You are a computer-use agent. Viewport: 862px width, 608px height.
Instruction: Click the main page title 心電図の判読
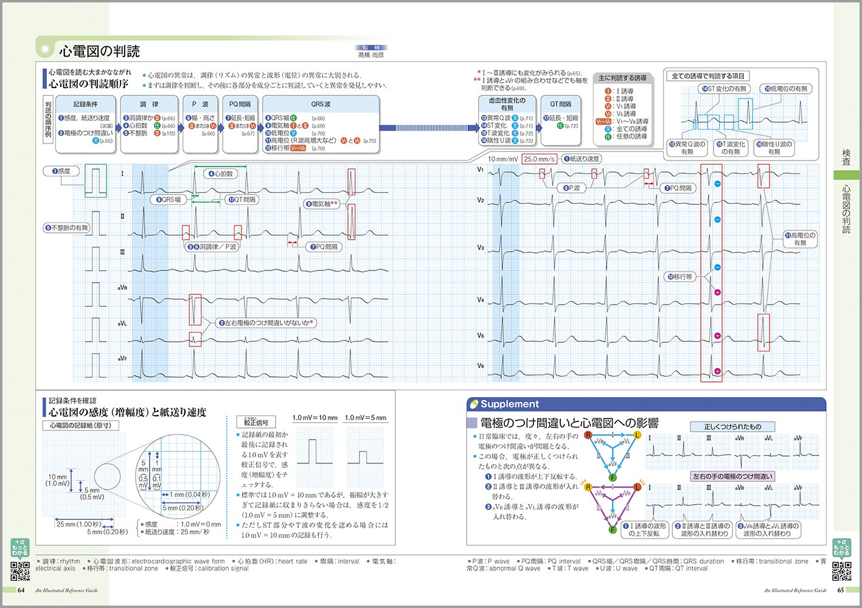[99, 51]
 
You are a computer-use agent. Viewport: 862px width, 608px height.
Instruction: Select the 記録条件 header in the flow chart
[86, 104]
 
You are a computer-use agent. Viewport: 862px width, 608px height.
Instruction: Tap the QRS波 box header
[321, 104]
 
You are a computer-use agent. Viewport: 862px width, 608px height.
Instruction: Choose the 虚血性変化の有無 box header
[507, 104]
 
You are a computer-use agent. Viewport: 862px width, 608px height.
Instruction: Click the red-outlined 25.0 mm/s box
[539, 159]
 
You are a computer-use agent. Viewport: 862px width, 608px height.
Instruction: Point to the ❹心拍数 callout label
[221, 174]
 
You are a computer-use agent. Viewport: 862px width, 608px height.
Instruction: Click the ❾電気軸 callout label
[322, 204]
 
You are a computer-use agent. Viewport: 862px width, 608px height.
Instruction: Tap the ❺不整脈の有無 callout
[67, 228]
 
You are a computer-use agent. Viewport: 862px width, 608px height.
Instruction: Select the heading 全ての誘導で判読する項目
[707, 76]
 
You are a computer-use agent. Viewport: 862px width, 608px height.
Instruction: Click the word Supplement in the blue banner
[510, 404]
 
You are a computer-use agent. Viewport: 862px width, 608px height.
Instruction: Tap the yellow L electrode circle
[638, 435]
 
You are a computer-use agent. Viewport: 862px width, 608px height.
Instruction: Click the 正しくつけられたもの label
[732, 427]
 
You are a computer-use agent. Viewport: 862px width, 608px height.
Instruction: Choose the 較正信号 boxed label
[256, 422]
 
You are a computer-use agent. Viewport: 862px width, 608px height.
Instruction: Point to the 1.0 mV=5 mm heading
[365, 418]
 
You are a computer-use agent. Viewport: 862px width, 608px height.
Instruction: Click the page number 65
[841, 590]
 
